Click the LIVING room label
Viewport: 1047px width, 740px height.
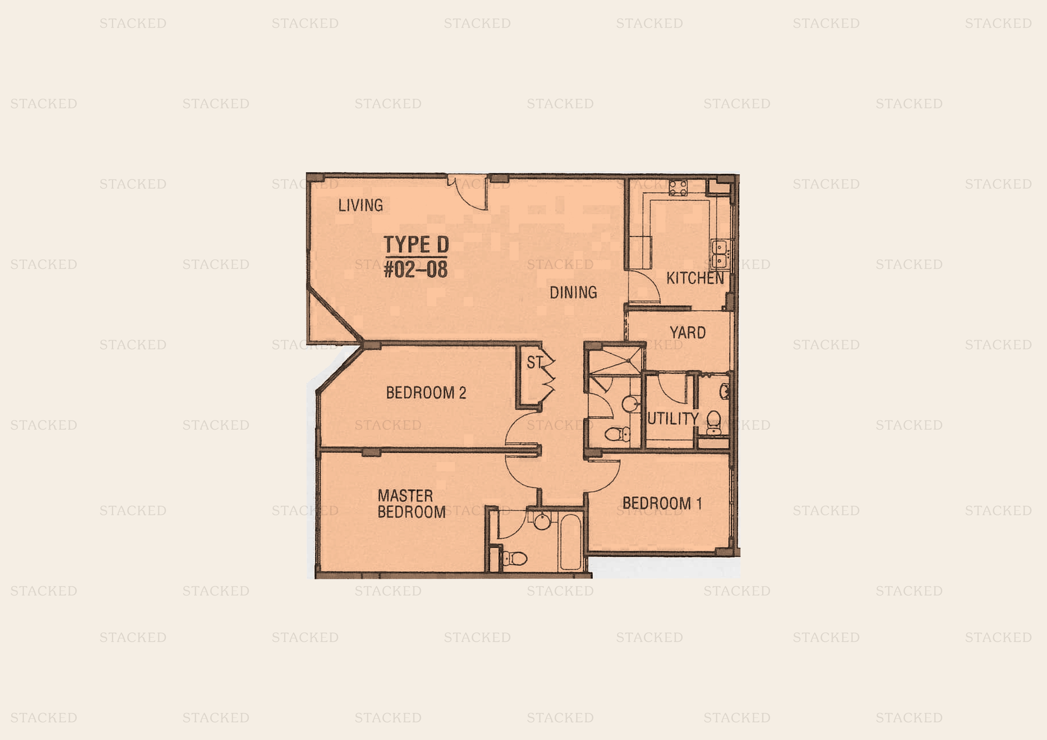tap(360, 205)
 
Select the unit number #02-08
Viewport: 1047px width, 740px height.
tap(416, 269)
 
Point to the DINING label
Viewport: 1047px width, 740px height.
tap(573, 292)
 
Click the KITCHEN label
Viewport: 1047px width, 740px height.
tap(695, 278)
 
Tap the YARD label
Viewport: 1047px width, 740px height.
tap(688, 332)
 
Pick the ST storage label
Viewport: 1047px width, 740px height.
tap(535, 363)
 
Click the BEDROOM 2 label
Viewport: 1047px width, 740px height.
tap(426, 393)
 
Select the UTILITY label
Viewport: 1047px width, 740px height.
tap(673, 419)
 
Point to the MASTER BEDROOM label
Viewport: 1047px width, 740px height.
tap(411, 504)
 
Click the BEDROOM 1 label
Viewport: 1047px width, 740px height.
tap(662, 503)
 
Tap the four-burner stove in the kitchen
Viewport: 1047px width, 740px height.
tap(678, 187)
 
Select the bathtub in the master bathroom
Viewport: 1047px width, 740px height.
tap(570, 542)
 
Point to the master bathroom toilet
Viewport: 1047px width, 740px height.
tap(514, 558)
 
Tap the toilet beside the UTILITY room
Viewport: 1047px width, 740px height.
tap(714, 421)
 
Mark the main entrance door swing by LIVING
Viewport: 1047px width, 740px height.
tap(467, 192)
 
